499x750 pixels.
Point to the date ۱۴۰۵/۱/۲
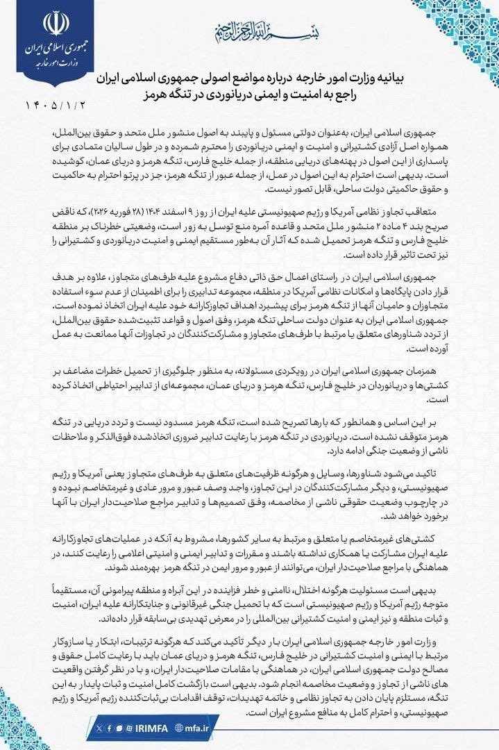click(x=49, y=106)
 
